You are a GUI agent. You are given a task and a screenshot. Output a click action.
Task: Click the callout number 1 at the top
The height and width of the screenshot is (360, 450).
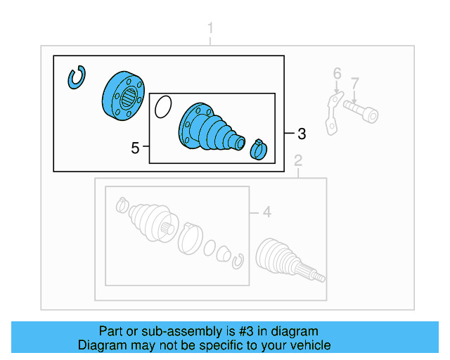pos(210,29)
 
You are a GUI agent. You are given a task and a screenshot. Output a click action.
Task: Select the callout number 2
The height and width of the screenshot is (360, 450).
pos(298,161)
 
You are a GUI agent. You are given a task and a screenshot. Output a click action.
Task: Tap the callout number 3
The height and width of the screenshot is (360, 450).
pos(302,133)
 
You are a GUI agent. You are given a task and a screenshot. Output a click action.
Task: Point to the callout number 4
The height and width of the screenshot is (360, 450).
pos(266,212)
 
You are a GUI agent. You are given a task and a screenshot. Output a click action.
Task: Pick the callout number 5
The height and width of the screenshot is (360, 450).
pos(135,148)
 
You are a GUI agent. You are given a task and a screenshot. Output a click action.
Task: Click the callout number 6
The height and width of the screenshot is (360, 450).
pos(337,74)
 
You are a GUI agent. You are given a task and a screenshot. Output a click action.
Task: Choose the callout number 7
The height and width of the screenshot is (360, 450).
pos(355,83)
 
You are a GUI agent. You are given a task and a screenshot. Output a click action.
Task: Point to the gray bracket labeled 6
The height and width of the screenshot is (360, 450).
pos(332,111)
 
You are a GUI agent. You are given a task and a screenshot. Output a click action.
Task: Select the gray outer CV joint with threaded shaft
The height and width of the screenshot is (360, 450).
pos(285,261)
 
